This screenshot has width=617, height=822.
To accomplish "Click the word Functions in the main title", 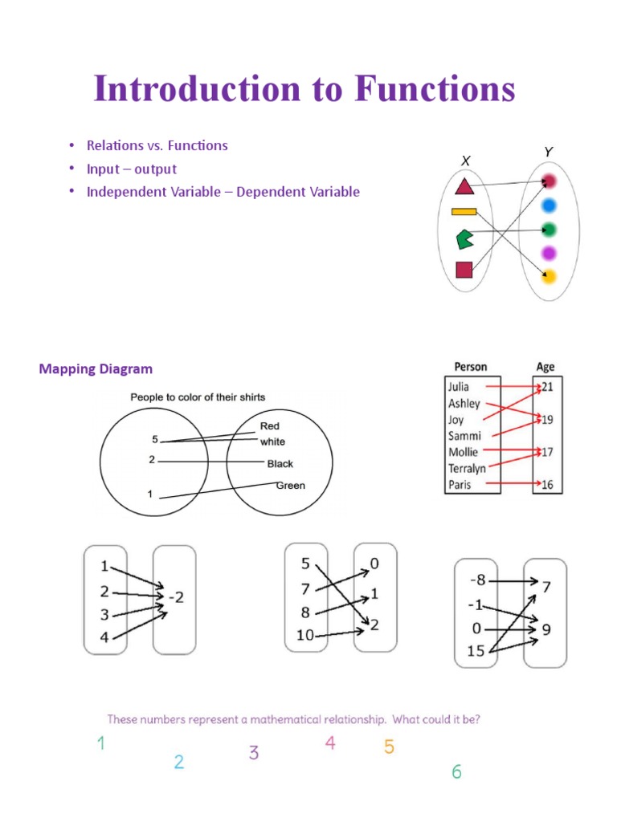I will pyautogui.click(x=435, y=89).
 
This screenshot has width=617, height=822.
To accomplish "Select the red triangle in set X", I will pyautogui.click(x=464, y=187).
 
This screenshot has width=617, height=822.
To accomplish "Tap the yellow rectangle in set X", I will pyautogui.click(x=464, y=212).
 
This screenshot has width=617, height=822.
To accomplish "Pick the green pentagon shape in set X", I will pyautogui.click(x=464, y=238).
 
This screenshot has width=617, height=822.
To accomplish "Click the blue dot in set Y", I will pyautogui.click(x=549, y=205).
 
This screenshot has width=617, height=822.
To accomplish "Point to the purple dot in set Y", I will pyautogui.click(x=549, y=254).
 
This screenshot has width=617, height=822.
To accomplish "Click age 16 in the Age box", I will pyautogui.click(x=547, y=485).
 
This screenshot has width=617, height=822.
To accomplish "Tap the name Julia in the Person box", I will pyautogui.click(x=460, y=387).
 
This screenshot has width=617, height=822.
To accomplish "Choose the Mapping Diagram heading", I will pyautogui.click(x=96, y=369).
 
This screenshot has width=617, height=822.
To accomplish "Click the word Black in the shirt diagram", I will pyautogui.click(x=280, y=464).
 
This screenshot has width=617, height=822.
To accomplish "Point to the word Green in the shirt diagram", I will pyautogui.click(x=290, y=486).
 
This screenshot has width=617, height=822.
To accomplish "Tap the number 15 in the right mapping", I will pyautogui.click(x=476, y=651).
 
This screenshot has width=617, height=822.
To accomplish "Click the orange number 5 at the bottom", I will pyautogui.click(x=389, y=747).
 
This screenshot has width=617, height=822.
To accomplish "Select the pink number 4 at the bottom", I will pyautogui.click(x=329, y=743).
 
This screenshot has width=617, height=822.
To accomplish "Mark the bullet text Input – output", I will pyautogui.click(x=132, y=169).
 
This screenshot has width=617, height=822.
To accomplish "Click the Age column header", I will pyautogui.click(x=545, y=368).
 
